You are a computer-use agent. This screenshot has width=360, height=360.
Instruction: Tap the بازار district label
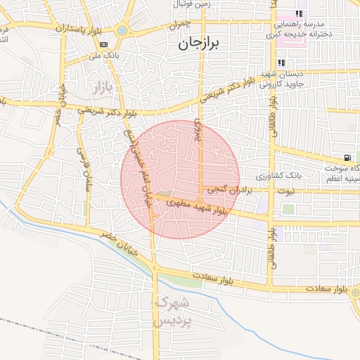(102, 88)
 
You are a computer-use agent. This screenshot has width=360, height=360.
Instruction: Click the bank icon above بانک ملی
(104, 44)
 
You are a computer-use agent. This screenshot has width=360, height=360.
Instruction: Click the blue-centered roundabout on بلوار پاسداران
(123, 30)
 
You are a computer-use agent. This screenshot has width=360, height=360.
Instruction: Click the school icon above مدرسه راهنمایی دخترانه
(300, 13)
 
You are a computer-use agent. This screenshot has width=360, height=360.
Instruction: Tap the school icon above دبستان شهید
(282, 63)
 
